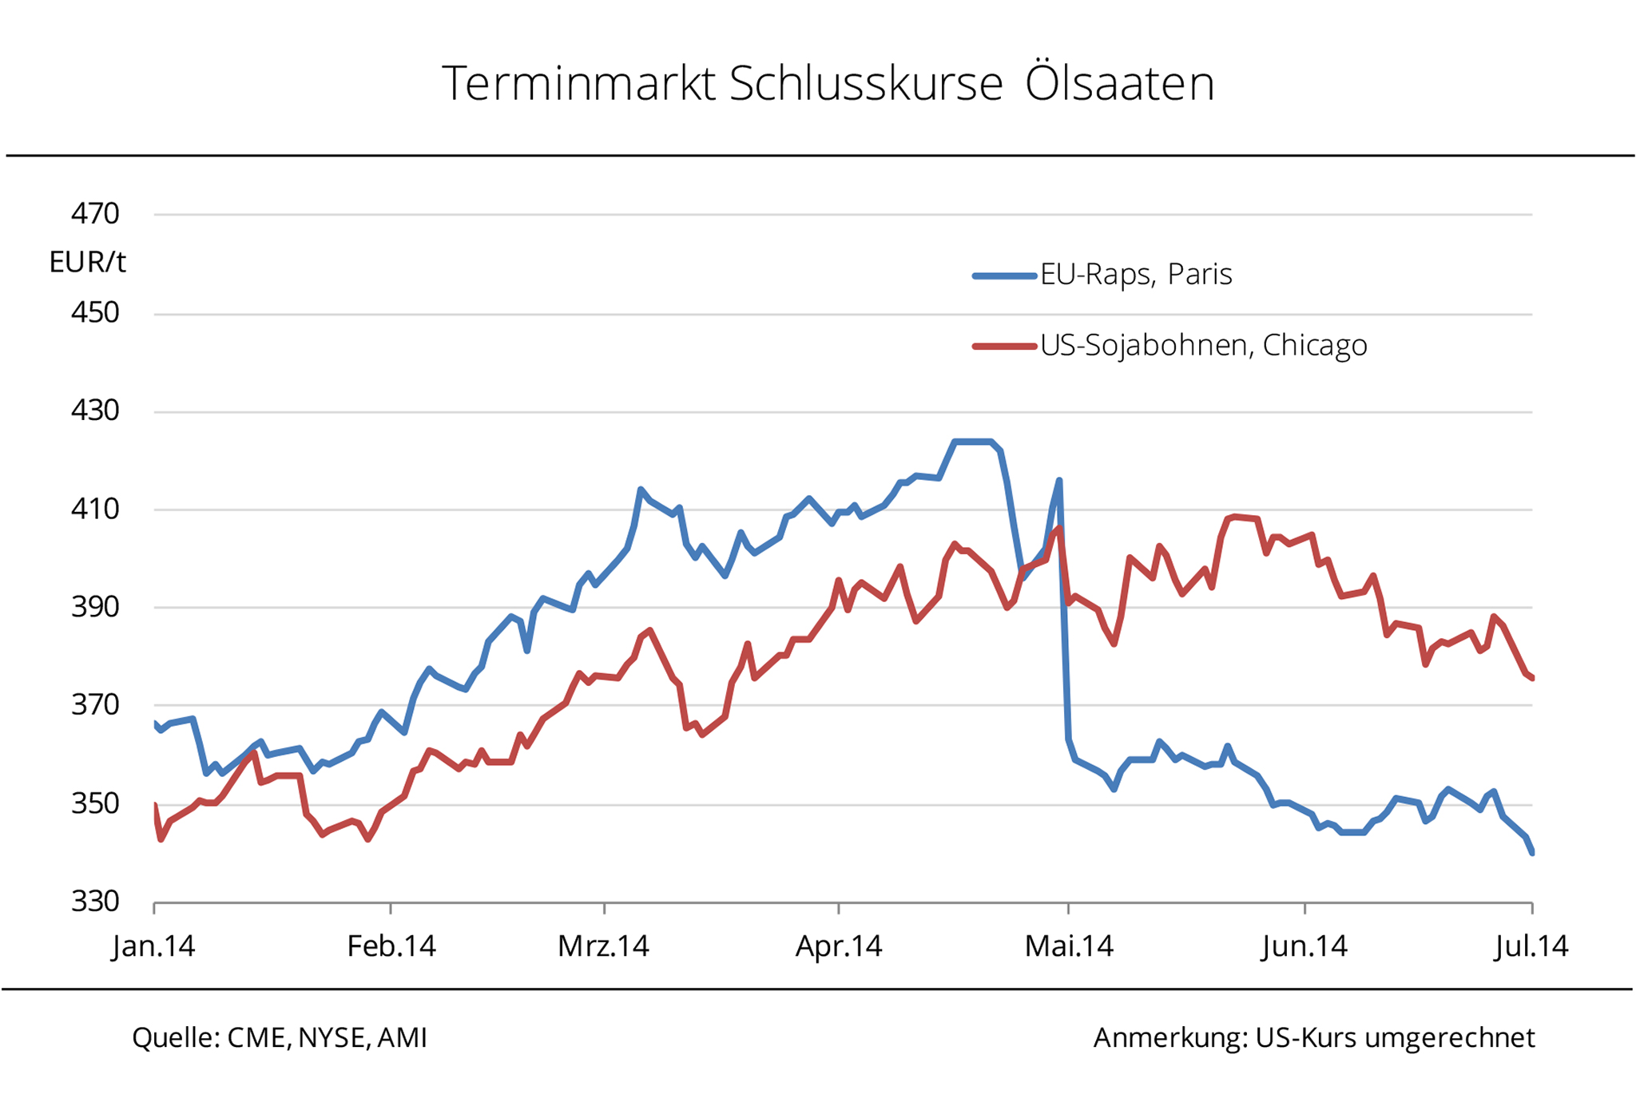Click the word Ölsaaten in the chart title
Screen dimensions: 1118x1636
coord(1119,83)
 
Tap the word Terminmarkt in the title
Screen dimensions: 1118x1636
coord(578,83)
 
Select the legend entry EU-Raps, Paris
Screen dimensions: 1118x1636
coord(1135,275)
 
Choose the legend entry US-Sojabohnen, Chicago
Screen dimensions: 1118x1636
coord(1203,345)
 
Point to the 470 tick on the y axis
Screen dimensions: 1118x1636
coord(95,214)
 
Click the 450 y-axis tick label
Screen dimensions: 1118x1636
coord(95,312)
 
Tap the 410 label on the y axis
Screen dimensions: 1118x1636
coord(95,509)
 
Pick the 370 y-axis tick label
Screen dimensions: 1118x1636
coord(95,705)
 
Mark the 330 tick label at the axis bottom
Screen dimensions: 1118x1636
coord(95,902)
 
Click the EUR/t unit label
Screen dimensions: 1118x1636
coord(87,262)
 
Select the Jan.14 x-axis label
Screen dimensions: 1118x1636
coord(154,946)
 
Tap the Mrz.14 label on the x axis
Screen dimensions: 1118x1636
coord(603,946)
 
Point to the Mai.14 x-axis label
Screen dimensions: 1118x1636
coord(1069,946)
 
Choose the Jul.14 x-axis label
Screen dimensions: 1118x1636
coord(1531,946)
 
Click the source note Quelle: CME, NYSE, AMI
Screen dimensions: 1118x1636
coord(280,1037)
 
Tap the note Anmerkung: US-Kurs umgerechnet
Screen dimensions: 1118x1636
coord(1314,1037)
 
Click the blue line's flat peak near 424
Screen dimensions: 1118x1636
coord(972,442)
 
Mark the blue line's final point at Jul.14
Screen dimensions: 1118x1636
coord(1531,853)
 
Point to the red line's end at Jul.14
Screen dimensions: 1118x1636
coord(1531,678)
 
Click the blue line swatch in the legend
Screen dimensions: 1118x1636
coord(1004,276)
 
